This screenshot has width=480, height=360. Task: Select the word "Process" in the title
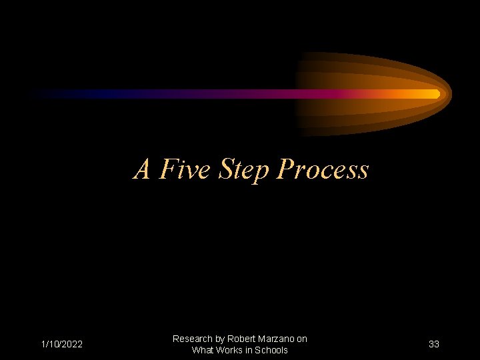click(322, 169)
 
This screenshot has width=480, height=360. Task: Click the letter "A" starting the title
click(142, 169)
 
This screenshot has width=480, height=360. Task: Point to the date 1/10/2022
click(62, 345)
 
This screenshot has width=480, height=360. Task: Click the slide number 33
click(434, 345)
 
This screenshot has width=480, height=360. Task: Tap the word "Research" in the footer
click(191, 339)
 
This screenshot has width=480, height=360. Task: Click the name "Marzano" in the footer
click(277, 339)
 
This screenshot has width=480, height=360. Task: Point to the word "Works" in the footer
click(228, 351)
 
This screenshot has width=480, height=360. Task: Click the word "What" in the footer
click(201, 351)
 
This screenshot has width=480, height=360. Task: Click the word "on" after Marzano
click(302, 339)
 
